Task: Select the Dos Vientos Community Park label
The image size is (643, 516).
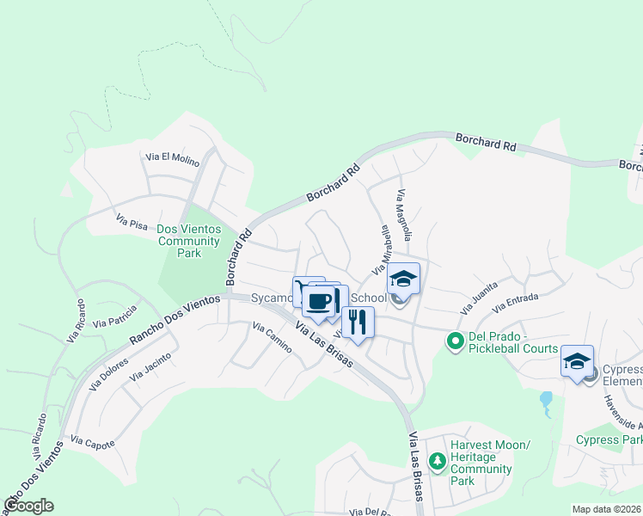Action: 189,242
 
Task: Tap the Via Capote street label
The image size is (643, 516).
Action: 93,442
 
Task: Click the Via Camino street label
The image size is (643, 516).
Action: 272,338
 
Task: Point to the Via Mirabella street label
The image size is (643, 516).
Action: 381,250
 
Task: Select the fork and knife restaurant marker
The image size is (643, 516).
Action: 358,322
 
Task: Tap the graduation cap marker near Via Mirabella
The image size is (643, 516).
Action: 402,279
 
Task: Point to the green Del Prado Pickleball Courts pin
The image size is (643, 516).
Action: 456,342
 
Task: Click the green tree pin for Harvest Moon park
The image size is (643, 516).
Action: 438,462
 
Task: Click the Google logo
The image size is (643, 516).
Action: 28,506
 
